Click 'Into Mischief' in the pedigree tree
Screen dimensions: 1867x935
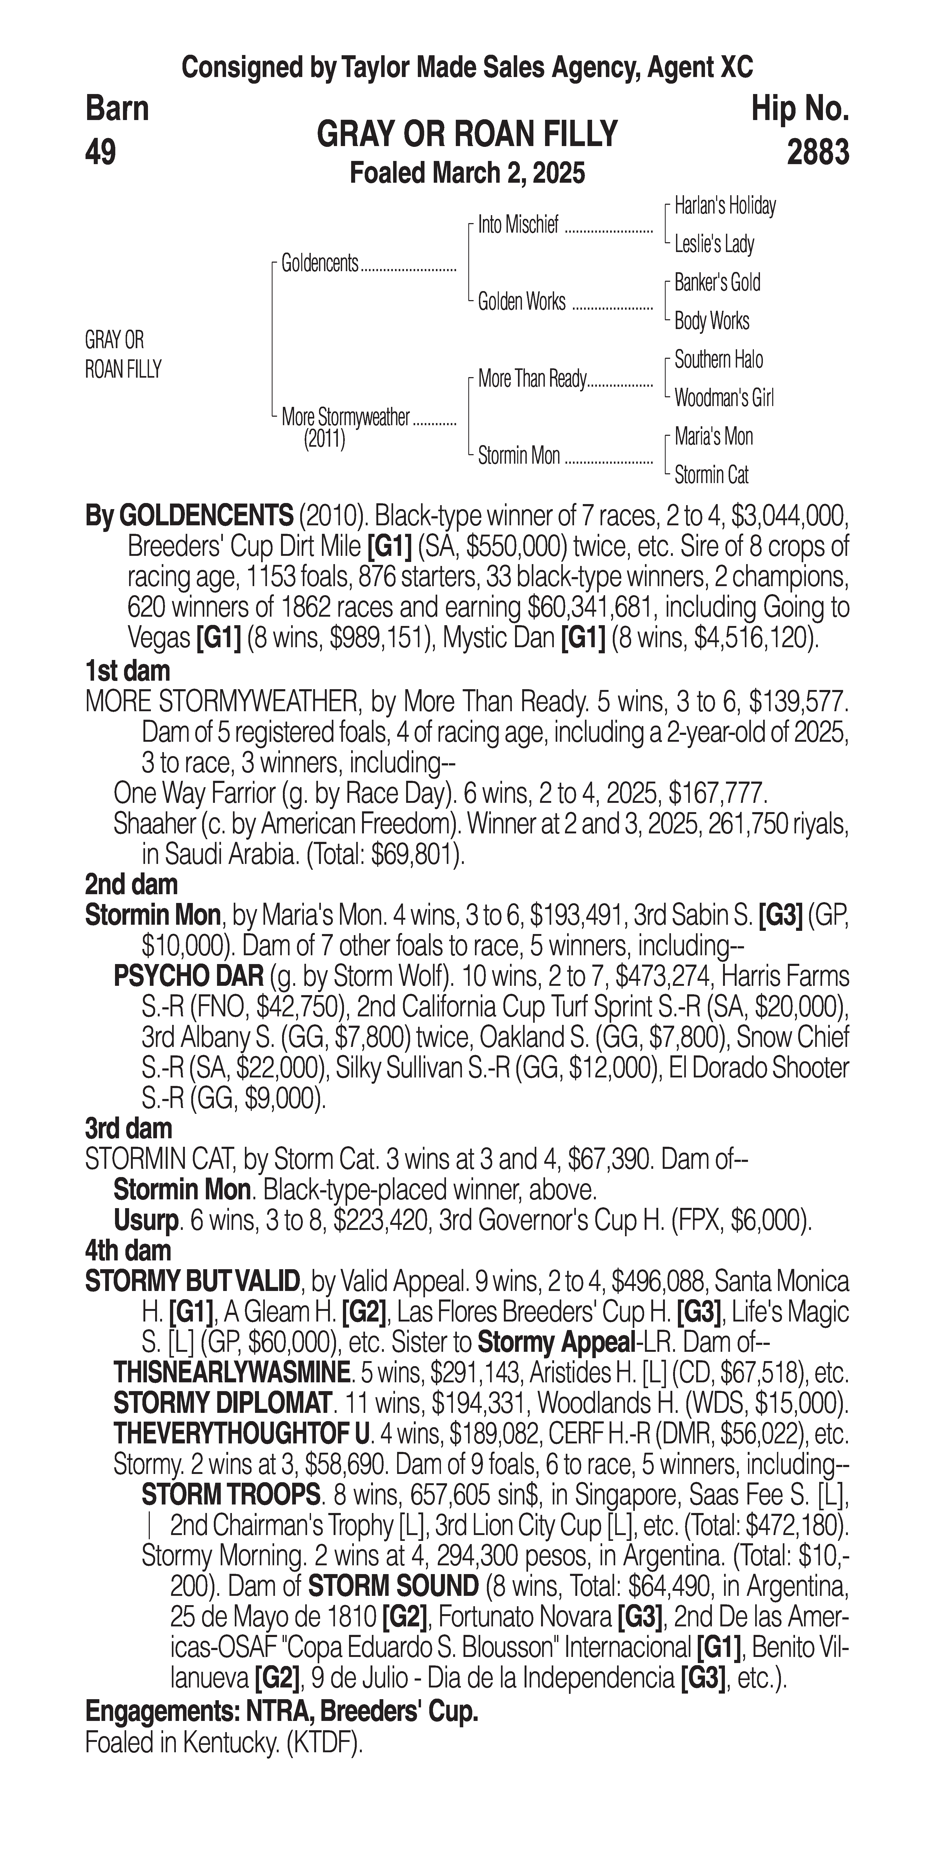click(x=518, y=225)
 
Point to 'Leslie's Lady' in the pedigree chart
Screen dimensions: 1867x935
click(x=714, y=244)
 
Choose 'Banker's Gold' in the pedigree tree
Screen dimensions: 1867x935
click(x=717, y=283)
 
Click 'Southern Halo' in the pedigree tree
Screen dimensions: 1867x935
click(x=718, y=360)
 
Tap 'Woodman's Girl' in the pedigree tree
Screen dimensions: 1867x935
click(x=723, y=398)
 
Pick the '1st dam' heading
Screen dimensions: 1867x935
click(x=127, y=670)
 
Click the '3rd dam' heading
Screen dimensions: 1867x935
click(x=128, y=1128)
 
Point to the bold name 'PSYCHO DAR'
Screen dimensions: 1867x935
click(x=188, y=976)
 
